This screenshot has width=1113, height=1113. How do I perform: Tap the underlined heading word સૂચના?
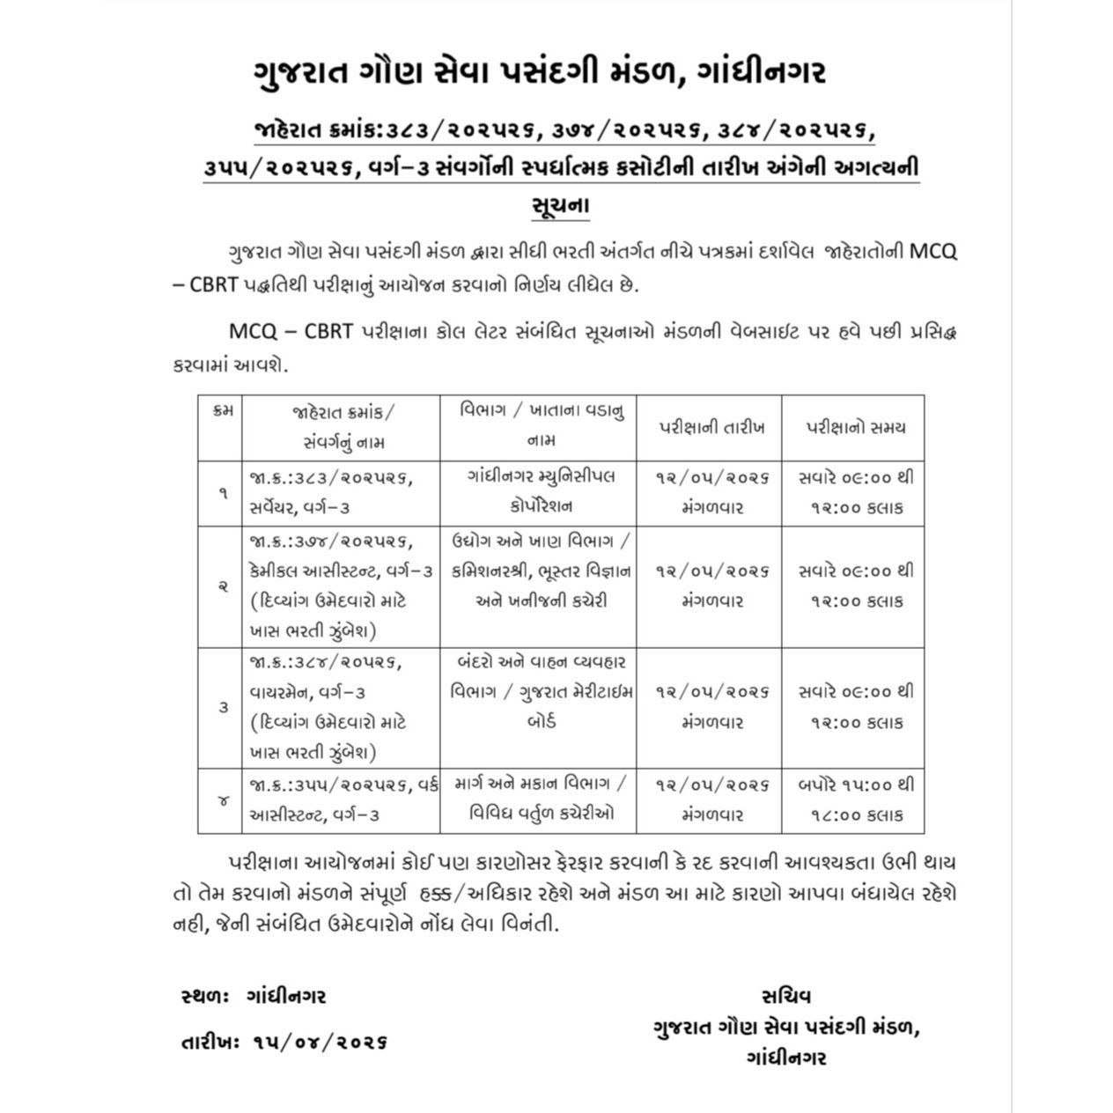coord(561,205)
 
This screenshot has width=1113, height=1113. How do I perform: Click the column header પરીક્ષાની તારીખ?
coord(711,428)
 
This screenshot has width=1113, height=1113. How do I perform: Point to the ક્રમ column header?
coord(222,412)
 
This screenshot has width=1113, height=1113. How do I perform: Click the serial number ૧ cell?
coord(222,493)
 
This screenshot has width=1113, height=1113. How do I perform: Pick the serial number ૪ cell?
coord(222,800)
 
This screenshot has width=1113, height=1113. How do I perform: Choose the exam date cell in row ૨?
coord(711,586)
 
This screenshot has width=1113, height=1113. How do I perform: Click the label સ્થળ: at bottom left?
coord(204,996)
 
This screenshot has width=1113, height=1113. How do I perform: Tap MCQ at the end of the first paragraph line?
coord(932,251)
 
